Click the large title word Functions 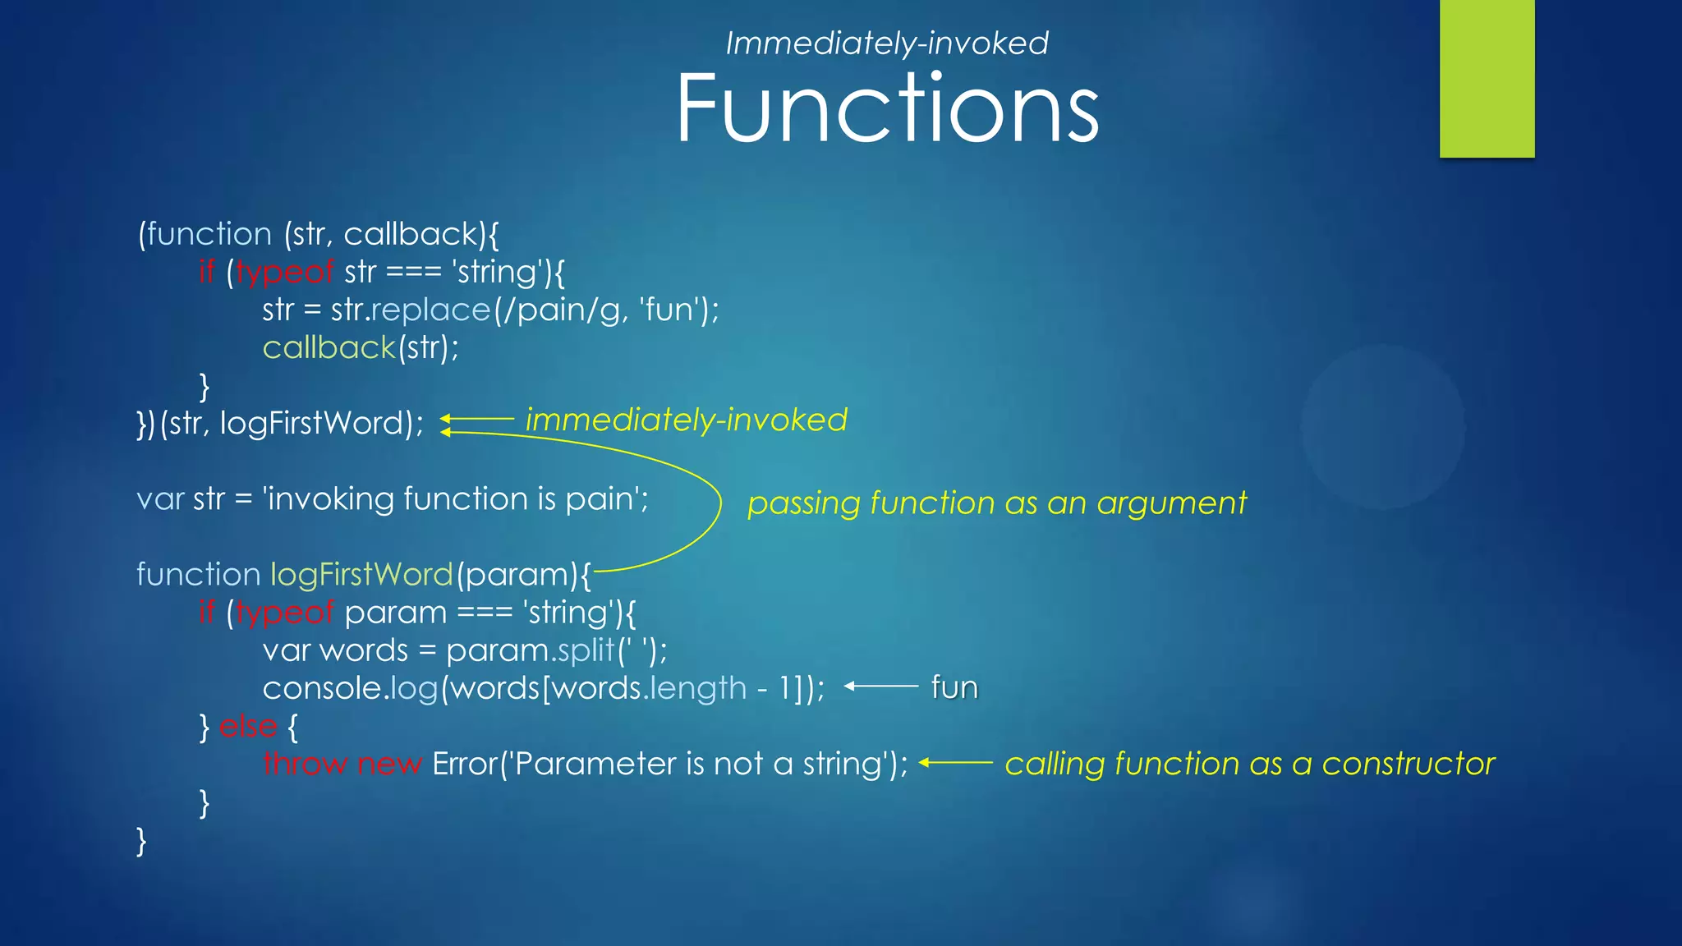887,108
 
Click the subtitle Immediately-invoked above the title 887,43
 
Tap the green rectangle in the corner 1487,78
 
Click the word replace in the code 430,310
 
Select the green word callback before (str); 329,348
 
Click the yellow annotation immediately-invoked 686,420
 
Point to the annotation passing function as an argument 996,503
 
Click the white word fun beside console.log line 954,687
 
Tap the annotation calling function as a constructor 1249,764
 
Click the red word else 248,726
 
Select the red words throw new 342,764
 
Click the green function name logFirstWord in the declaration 361,575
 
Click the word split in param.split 585,650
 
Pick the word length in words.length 697,688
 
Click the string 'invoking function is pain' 455,499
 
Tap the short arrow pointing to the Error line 955,763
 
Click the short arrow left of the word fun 880,686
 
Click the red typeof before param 284,613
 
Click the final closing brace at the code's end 141,841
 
